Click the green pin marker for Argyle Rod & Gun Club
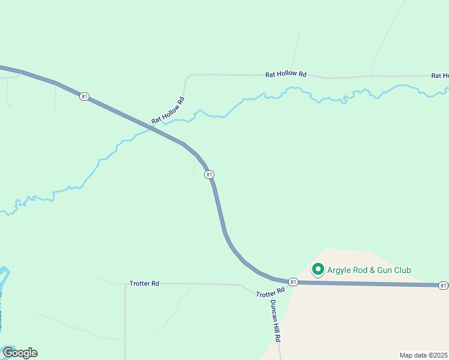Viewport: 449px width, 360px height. [x=318, y=269]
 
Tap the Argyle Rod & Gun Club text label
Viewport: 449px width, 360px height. [x=369, y=271]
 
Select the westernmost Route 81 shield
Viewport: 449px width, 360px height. [x=84, y=96]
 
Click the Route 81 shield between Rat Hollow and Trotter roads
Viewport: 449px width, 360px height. [x=208, y=175]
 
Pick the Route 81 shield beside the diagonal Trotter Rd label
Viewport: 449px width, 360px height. [x=292, y=282]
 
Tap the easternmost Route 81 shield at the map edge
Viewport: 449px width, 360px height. [x=443, y=285]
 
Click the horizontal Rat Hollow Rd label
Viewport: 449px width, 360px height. [x=286, y=75]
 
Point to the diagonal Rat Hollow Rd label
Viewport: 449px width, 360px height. [x=167, y=111]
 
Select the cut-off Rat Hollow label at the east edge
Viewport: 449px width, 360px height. [x=440, y=76]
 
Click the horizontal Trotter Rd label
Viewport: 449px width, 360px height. [x=144, y=283]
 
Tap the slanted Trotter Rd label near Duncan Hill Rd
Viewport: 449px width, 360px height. [x=270, y=292]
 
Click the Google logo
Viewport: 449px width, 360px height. [x=20, y=353]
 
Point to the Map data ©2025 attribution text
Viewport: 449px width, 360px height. [x=424, y=355]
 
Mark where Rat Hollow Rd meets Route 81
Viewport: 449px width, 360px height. [x=150, y=127]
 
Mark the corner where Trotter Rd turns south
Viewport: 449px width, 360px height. [x=125, y=285]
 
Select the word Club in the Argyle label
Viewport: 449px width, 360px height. [x=401, y=271]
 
